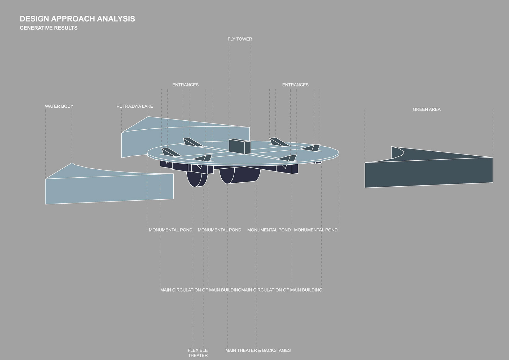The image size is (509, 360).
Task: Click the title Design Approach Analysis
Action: point(77,19)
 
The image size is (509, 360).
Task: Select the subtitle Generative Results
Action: point(49,28)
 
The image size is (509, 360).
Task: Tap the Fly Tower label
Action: point(240,39)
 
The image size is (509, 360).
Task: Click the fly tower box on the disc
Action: point(239,146)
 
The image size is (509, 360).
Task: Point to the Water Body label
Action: point(59,106)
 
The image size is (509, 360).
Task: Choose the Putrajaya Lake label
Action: point(135,106)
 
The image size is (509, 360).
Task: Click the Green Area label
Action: point(426,109)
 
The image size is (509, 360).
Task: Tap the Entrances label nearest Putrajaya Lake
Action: point(185,85)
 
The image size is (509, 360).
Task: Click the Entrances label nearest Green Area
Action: point(295,85)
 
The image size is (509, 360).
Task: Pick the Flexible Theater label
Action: point(198,353)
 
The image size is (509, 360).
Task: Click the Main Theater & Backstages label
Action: point(258,350)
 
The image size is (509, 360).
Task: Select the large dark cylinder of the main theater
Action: point(240,175)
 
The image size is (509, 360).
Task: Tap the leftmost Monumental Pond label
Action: point(170,230)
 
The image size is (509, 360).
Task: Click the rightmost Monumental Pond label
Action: point(315,230)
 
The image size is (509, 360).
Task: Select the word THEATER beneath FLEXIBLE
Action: point(198,355)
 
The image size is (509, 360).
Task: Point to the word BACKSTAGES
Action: point(276,350)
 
